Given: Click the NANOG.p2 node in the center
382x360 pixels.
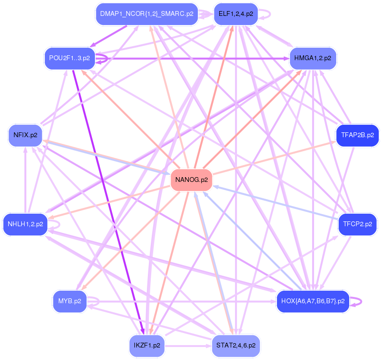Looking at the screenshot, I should [192, 180].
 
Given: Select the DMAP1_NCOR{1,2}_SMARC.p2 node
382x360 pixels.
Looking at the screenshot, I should [146, 14].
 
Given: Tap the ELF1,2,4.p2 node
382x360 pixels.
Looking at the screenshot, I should [236, 14].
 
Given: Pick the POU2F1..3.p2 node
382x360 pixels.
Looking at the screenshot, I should [69, 58].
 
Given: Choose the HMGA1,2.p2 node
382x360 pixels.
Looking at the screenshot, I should [313, 58].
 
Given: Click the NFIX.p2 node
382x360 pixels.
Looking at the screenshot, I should [26, 135].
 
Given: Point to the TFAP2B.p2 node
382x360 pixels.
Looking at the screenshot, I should [357, 135].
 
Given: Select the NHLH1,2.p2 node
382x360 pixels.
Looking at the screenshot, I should [25, 224].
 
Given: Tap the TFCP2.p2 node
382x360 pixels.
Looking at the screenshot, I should [357, 224].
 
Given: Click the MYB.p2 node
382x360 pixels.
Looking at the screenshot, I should [69, 301].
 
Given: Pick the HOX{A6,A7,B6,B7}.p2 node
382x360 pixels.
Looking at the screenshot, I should [313, 301].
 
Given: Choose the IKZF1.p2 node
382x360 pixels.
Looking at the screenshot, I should [147, 345].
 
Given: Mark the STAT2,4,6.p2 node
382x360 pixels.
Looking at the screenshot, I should [236, 345].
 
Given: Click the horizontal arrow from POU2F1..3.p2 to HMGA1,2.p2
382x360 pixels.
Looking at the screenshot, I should [193, 59].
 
